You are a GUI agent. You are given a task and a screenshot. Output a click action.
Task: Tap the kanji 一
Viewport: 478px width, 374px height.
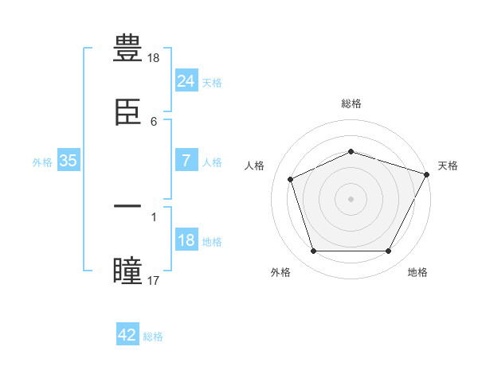tap(127, 206)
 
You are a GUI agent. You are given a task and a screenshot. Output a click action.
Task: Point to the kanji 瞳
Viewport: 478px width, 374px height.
tap(127, 270)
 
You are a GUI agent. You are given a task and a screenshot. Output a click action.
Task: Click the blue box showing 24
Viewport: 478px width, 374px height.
tap(186, 80)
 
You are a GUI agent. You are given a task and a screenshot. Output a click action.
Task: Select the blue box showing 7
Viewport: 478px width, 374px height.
tap(186, 161)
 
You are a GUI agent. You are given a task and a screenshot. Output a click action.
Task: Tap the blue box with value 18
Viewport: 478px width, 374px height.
tap(186, 240)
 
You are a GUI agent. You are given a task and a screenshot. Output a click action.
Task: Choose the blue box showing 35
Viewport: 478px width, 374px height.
tap(69, 161)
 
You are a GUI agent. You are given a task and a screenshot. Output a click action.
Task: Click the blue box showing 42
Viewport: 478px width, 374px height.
tap(127, 335)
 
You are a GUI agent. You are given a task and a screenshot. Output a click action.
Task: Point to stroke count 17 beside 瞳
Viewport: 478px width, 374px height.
tap(155, 280)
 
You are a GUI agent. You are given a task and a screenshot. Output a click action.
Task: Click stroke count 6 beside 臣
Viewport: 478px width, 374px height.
tap(154, 122)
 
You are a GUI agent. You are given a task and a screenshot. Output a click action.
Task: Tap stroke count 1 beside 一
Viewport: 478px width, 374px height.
tap(154, 215)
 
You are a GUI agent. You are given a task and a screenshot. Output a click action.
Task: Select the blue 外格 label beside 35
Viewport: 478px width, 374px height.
tap(42, 162)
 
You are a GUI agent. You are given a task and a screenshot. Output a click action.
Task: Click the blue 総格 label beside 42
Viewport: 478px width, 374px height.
tap(153, 337)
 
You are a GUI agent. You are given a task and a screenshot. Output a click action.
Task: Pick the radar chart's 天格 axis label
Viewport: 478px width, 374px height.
tap(449, 166)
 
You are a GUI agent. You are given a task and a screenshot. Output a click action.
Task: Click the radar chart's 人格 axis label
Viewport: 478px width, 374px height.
tap(255, 166)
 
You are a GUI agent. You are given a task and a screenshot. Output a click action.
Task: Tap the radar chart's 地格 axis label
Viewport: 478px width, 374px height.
tap(417, 272)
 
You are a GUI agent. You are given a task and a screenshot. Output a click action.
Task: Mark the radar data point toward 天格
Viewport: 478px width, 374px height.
tap(428, 173)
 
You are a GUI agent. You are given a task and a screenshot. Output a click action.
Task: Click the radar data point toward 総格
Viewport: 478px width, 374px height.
tap(351, 151)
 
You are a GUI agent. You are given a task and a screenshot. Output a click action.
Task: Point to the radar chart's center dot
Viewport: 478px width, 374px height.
tap(351, 198)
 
